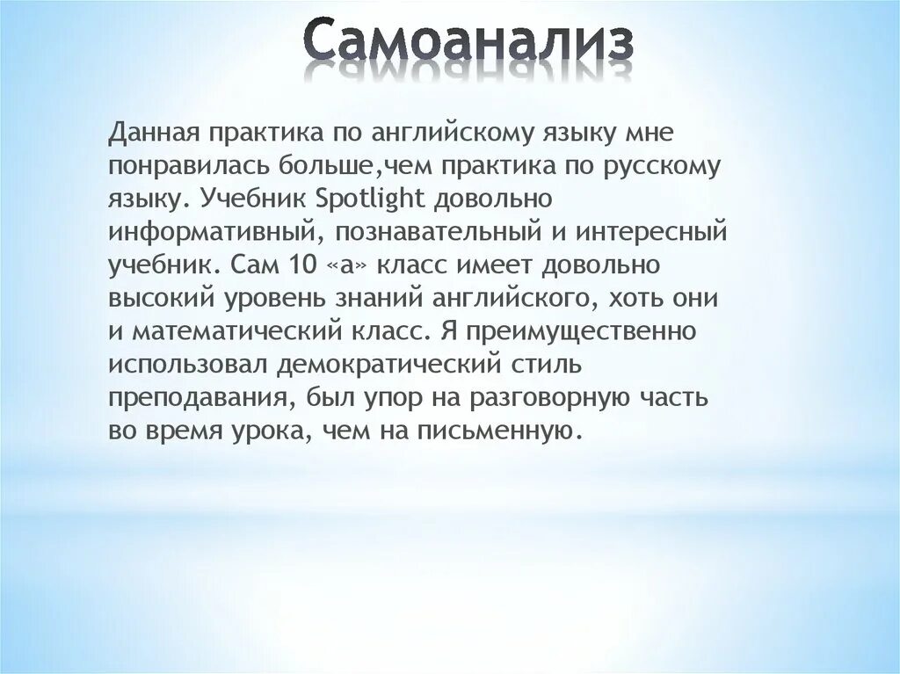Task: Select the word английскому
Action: point(449,134)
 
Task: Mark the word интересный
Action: point(655,233)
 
